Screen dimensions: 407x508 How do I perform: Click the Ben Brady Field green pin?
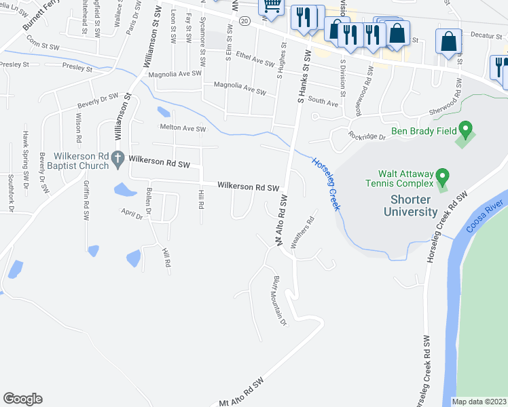[x=465, y=128]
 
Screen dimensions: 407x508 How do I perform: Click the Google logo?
[x=22, y=399]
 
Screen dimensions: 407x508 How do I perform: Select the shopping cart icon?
[x=271, y=5]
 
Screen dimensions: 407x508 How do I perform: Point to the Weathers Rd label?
[x=303, y=232]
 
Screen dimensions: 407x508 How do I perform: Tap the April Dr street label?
[x=135, y=211]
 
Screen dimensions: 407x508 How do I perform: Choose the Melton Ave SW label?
[x=182, y=128]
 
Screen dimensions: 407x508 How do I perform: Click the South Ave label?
[x=323, y=103]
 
